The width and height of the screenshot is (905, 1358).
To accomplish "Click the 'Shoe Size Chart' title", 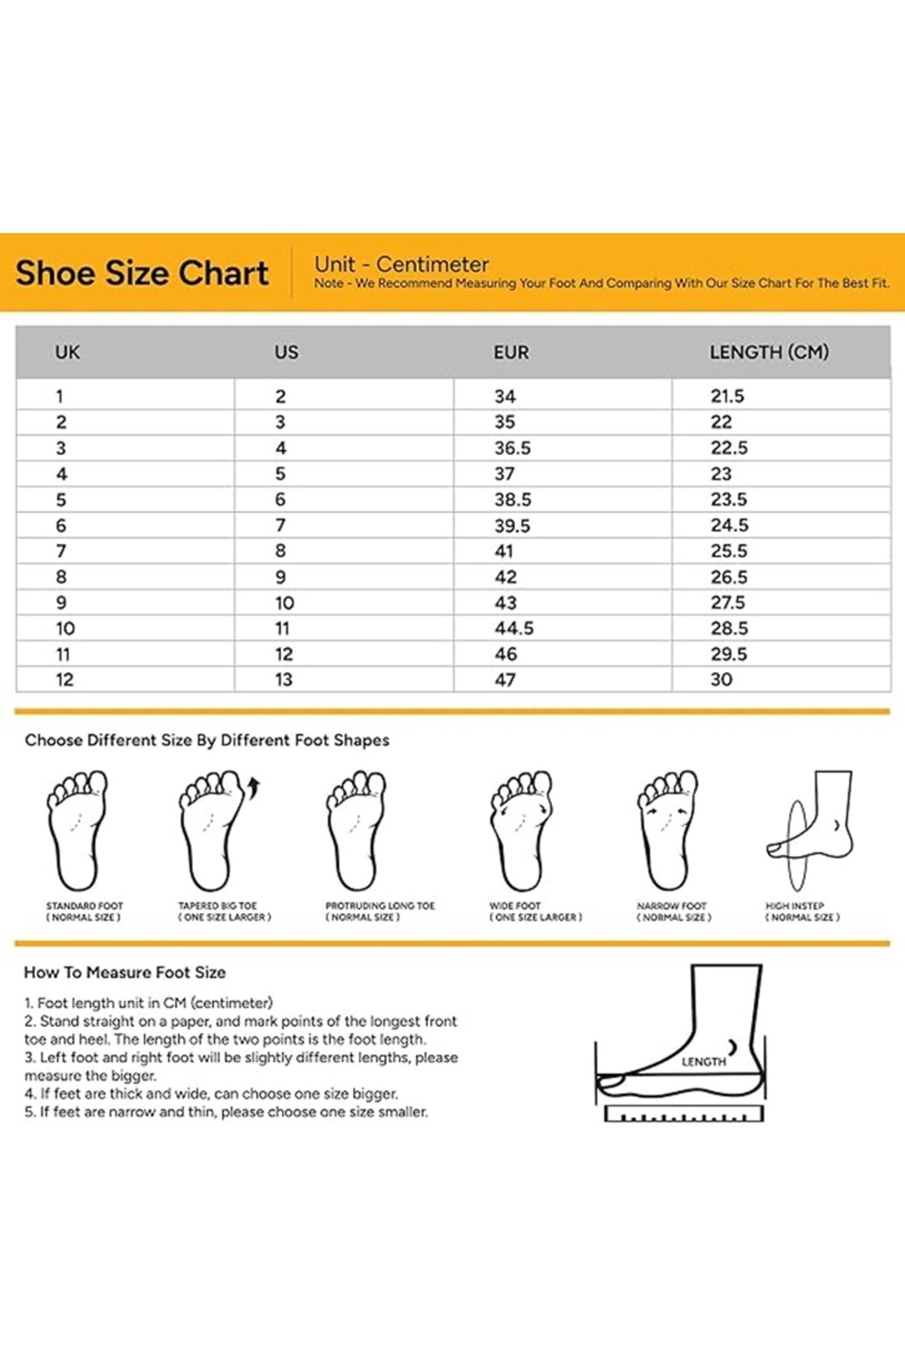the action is tap(142, 273).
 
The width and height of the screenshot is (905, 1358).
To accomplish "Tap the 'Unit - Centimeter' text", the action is tap(402, 265).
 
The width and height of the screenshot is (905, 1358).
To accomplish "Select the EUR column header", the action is tap(511, 352).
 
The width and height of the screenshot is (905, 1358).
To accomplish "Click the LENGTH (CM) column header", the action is tap(769, 352).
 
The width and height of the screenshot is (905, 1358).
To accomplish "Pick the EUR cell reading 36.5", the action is tap(513, 448).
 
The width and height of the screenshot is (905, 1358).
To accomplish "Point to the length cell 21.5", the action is tap(728, 396).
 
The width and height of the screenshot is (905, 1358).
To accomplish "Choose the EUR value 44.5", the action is tap(514, 628).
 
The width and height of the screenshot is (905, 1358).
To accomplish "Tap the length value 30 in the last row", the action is tap(722, 680).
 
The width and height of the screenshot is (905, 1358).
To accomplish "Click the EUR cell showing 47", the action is tap(505, 680).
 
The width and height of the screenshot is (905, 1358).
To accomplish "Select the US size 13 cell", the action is tap(284, 680).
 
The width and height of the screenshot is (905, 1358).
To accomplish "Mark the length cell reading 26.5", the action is tap(729, 577).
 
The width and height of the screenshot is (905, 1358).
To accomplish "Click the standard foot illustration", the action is tap(78, 830).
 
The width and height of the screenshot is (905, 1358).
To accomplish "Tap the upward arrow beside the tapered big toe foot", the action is tap(254, 788).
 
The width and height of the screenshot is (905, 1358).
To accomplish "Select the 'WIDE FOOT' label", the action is tap(515, 905).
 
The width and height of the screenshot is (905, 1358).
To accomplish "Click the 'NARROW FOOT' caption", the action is tap(672, 905).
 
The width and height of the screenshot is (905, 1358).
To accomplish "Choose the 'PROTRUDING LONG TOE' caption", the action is tap(380, 905).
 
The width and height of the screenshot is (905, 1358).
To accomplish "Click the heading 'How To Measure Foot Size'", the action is tap(125, 972).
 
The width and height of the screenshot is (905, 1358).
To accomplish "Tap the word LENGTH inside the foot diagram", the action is tap(704, 1062).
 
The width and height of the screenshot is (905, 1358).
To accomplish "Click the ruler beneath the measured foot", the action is tap(684, 1114).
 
